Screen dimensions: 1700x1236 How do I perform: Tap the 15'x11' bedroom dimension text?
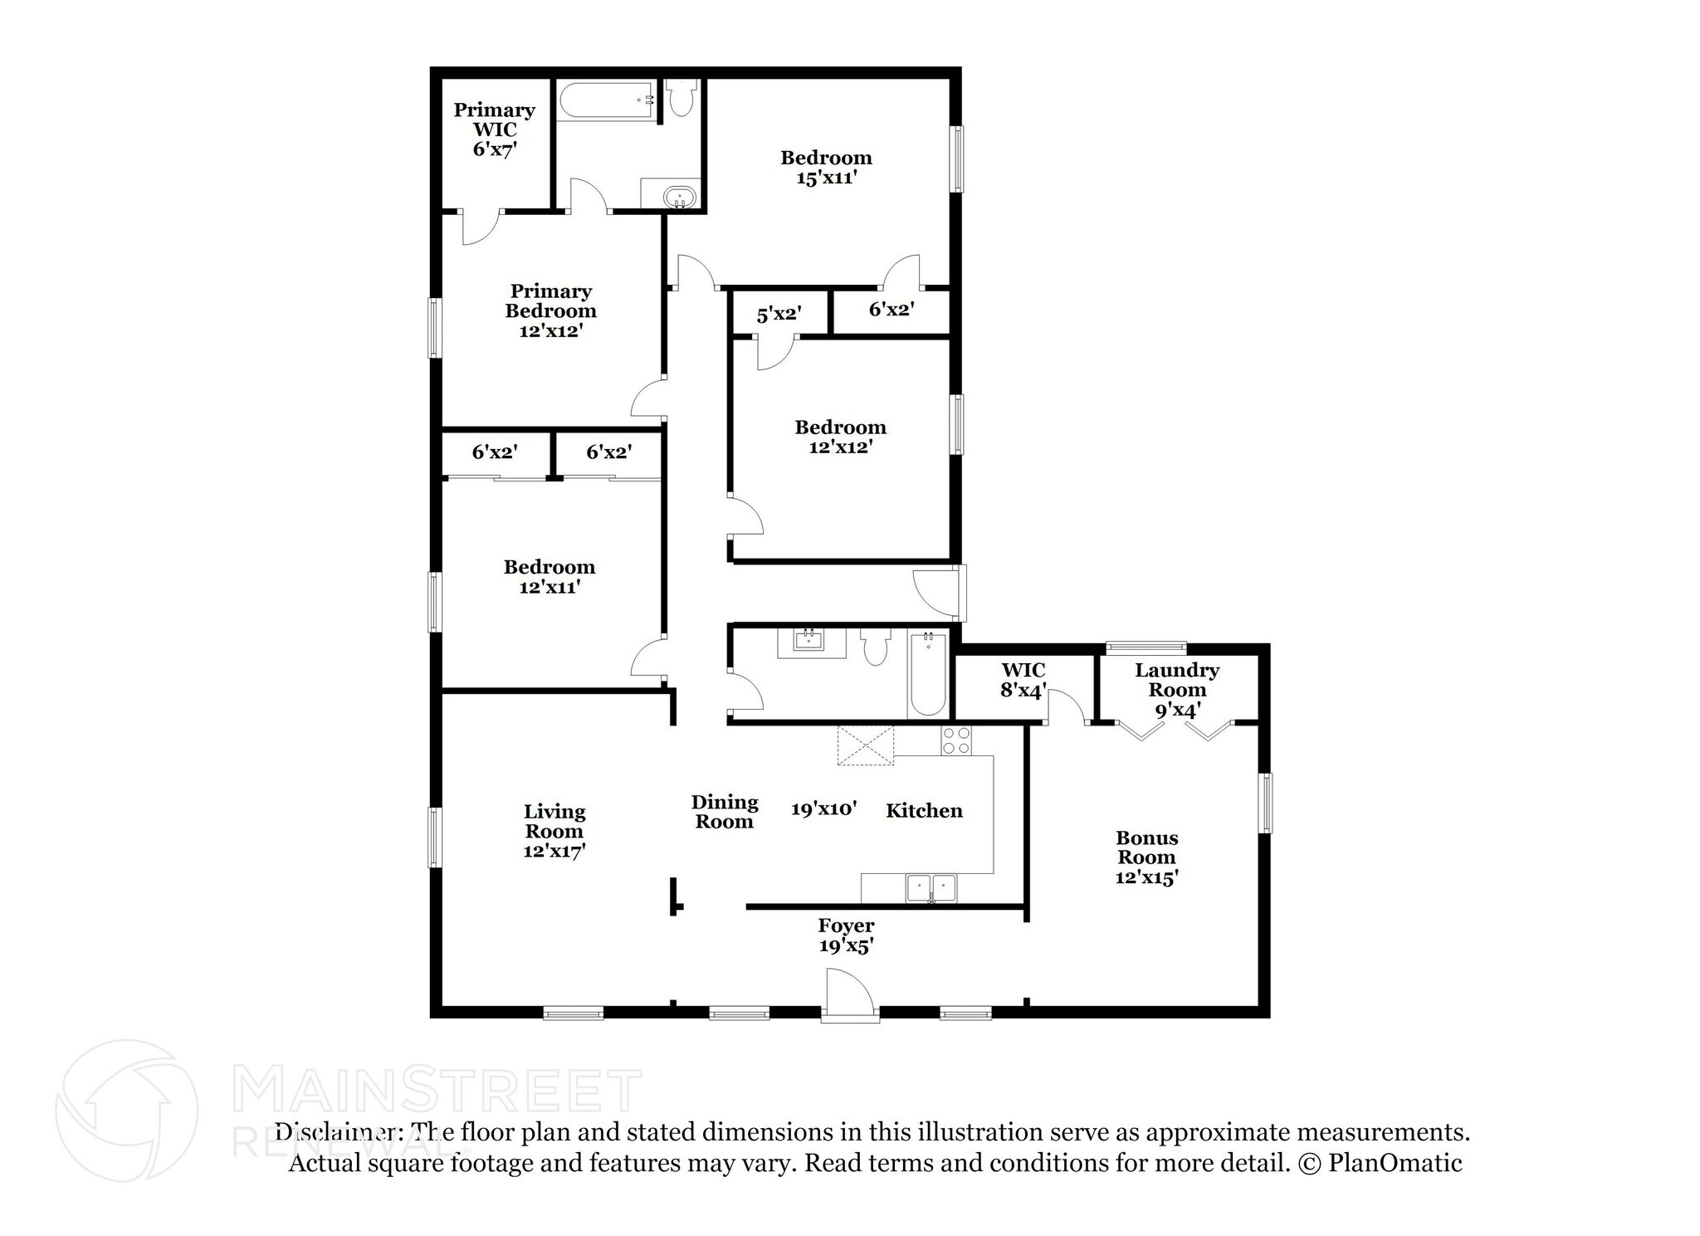point(826,178)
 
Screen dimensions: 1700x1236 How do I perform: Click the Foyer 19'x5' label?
point(846,936)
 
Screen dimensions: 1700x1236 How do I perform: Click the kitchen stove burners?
point(956,740)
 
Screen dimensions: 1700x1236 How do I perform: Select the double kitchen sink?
point(931,887)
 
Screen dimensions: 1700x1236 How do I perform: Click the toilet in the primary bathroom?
point(681,99)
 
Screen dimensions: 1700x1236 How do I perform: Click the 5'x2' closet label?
point(778,314)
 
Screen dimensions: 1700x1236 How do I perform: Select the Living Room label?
point(554,831)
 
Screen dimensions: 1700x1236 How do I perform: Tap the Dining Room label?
point(725,812)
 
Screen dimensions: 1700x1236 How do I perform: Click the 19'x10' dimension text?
point(823,809)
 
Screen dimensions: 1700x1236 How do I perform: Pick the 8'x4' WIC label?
point(1023,680)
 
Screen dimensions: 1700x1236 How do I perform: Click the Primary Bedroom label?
point(550,310)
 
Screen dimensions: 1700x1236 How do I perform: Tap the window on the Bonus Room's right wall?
point(1265,803)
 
